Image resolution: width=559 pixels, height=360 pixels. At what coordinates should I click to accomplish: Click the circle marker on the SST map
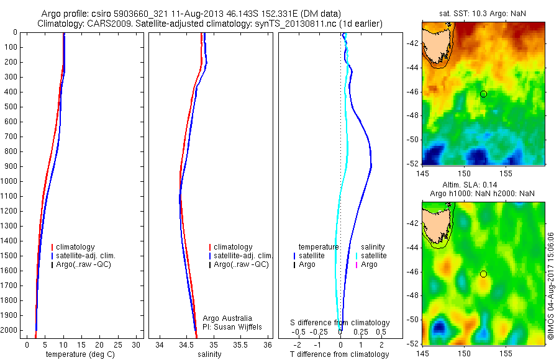(x=483, y=94)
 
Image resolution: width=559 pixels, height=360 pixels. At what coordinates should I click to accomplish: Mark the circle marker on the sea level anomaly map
(x=483, y=274)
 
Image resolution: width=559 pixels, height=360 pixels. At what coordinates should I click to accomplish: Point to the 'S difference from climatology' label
(x=340, y=323)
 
